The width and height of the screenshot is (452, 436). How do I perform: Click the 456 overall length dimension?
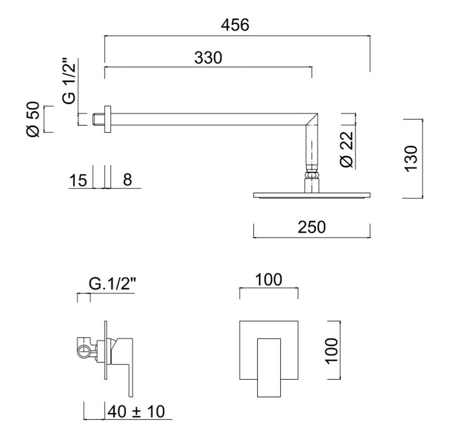coord(235,25)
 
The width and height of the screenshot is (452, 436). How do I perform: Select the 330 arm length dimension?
coord(208,58)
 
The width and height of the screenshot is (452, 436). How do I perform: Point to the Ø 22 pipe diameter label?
coord(347,149)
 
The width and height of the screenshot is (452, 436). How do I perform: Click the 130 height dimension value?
coord(411,158)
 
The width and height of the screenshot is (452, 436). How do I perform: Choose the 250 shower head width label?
coord(312,227)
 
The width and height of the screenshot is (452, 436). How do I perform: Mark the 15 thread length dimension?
coord(78,181)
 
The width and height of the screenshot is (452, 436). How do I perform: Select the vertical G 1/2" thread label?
coord(69,81)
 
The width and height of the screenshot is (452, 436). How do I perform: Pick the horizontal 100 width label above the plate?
coord(269,280)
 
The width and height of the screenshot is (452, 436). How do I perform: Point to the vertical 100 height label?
coord(332,350)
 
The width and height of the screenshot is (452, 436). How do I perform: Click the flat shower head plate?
coord(312,195)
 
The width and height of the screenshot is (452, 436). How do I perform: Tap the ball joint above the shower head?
coord(312,176)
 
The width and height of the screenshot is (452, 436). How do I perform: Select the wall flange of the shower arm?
coord(108,119)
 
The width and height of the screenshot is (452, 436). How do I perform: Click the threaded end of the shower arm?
coord(97,119)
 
